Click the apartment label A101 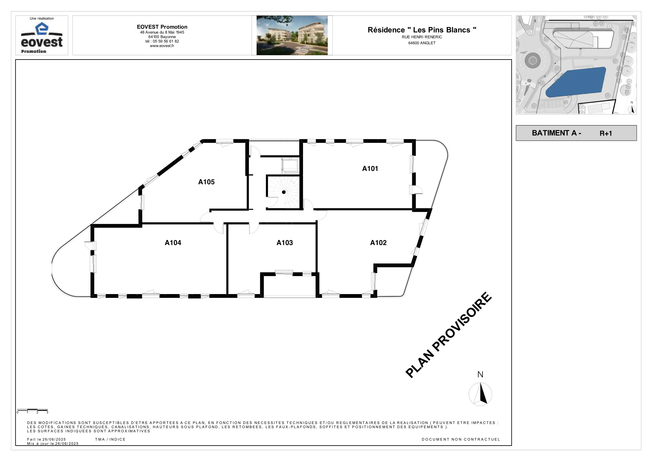click(x=370, y=168)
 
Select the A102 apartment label click(x=378, y=243)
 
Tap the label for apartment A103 click(x=285, y=243)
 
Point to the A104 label click(x=173, y=243)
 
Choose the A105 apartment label click(x=207, y=182)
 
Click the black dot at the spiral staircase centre click(x=284, y=192)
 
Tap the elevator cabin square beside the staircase click(x=290, y=166)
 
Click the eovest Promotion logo click(x=42, y=37)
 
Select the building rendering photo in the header click(x=292, y=35)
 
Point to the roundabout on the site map click(x=533, y=60)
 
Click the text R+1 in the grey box click(x=606, y=133)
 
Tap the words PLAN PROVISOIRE click(x=448, y=335)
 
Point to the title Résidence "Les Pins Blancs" click(x=422, y=30)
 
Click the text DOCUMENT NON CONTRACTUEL click(x=461, y=439)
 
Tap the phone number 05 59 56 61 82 click(x=166, y=41)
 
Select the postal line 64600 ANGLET click(x=422, y=43)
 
